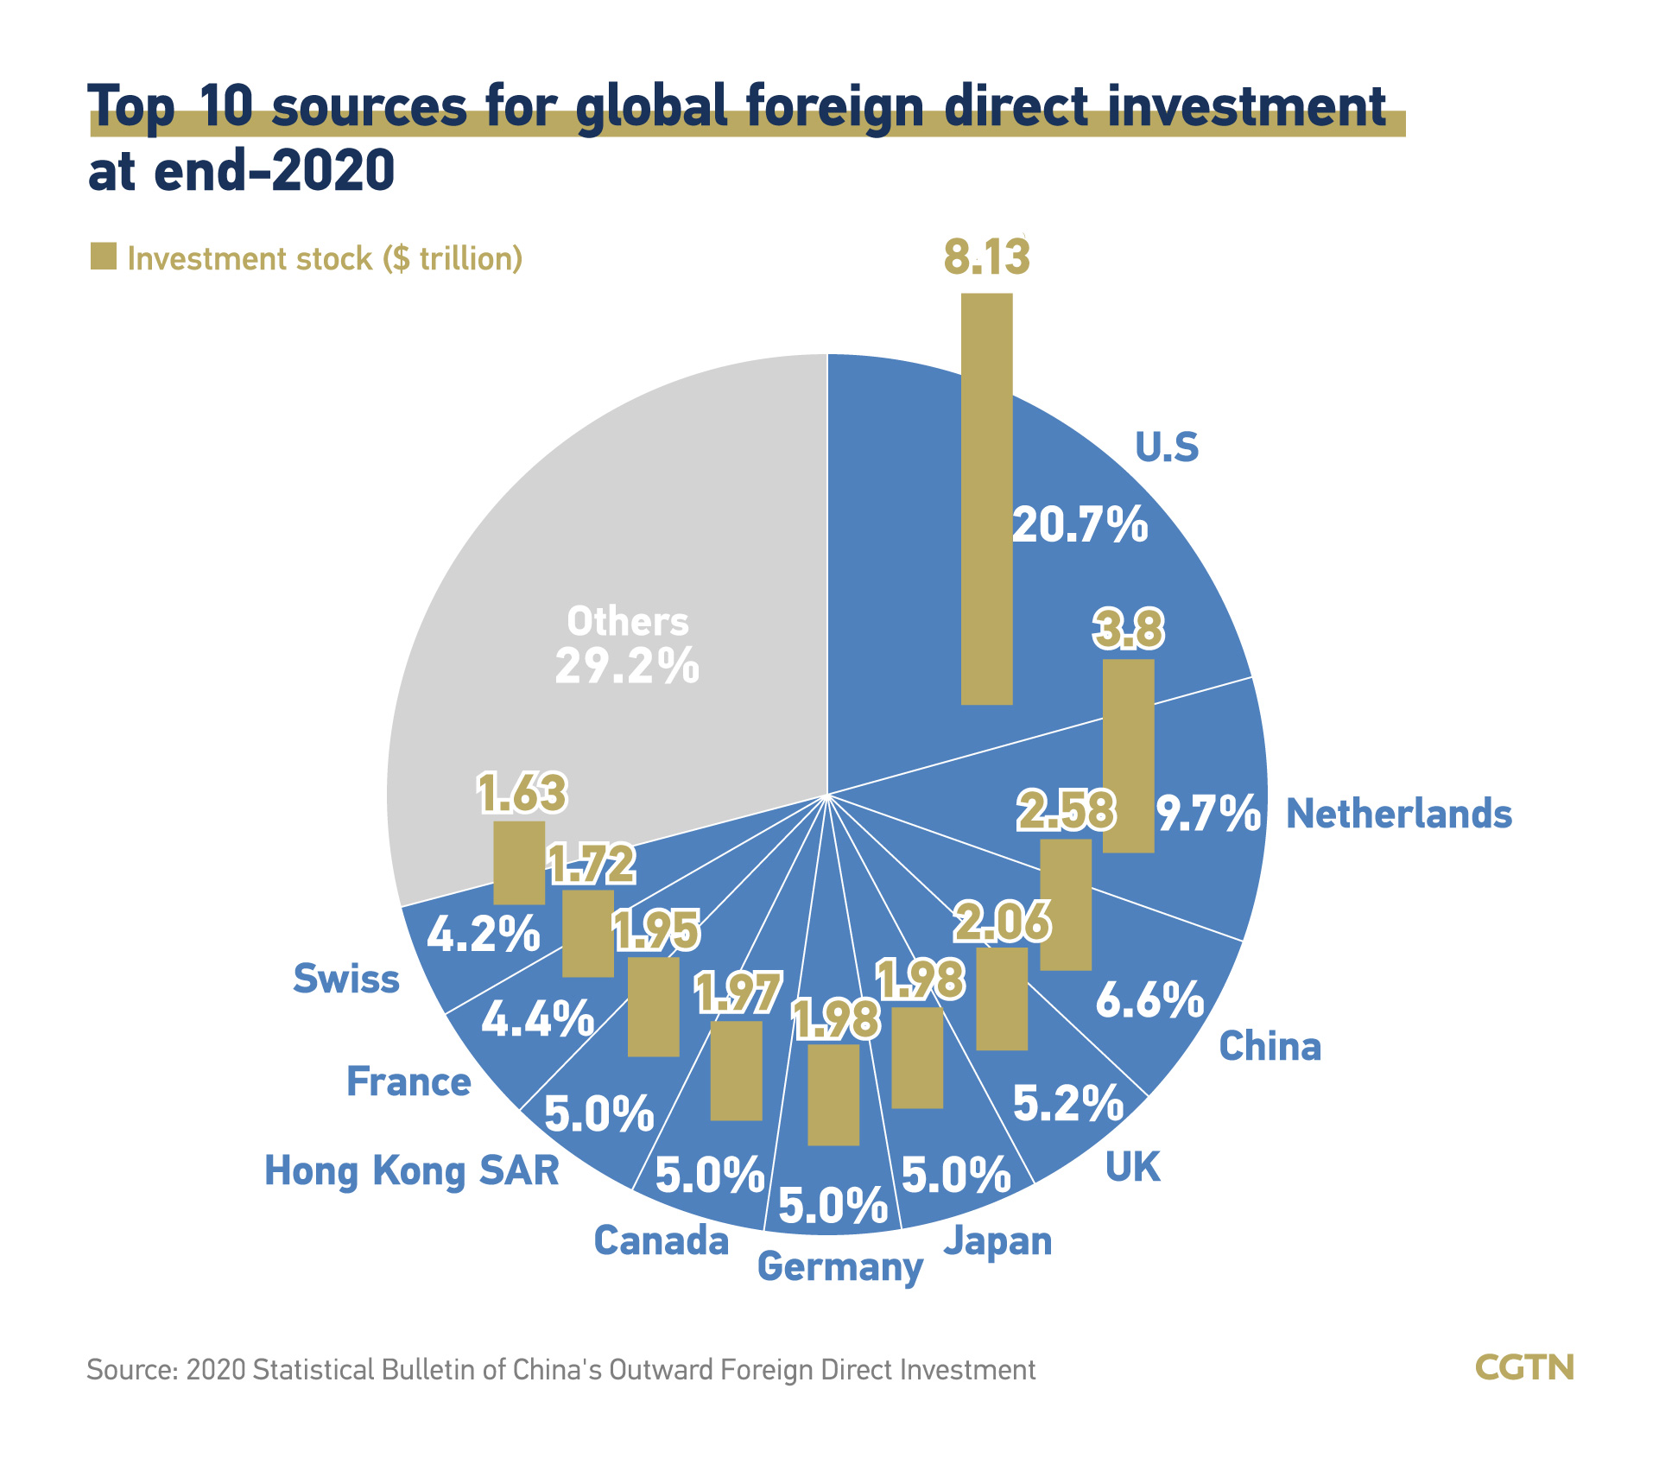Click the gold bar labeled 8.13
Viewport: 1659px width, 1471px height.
tap(986, 498)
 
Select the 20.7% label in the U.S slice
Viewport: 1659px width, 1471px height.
tap(1079, 524)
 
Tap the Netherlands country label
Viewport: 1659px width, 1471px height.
tap(1398, 814)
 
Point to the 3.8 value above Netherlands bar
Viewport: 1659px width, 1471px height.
tap(1128, 630)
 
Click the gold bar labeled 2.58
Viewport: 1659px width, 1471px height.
tap(1065, 904)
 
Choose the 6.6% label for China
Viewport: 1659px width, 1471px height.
tap(1149, 999)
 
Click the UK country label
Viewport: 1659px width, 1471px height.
tap(1132, 1168)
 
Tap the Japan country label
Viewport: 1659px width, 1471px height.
tap(997, 1241)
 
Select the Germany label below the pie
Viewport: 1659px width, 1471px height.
tap(839, 1267)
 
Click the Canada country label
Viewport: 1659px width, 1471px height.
tap(662, 1241)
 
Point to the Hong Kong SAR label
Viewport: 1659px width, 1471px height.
tap(412, 1171)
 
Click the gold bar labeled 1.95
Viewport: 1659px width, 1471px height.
tap(653, 1006)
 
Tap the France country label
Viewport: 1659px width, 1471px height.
tap(408, 1081)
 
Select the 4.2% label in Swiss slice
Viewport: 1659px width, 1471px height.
tap(484, 935)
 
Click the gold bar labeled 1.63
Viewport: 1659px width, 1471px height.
tap(519, 862)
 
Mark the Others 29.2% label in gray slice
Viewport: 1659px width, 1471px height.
tap(627, 645)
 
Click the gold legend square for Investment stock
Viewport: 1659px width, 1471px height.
tap(104, 257)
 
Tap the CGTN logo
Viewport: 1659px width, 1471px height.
tap(1524, 1367)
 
